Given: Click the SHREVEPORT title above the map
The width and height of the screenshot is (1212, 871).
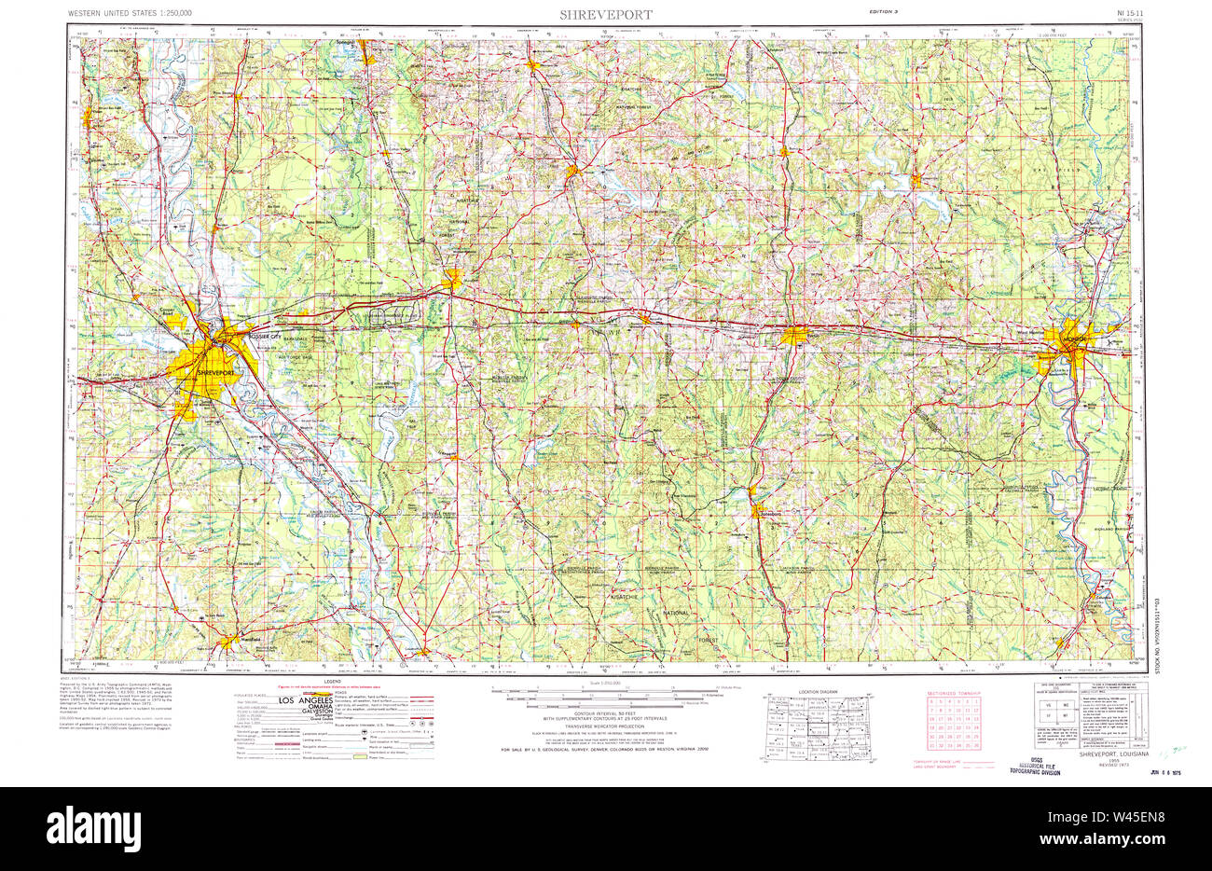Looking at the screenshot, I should pyautogui.click(x=606, y=15).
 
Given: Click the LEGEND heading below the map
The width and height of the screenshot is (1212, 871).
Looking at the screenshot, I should pyautogui.click(x=332, y=683).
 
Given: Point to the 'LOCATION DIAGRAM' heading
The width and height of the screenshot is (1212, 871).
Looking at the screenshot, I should pyautogui.click(x=819, y=691).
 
